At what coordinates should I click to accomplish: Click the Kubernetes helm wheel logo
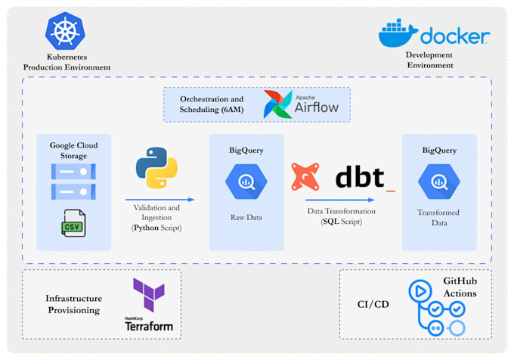[65, 31]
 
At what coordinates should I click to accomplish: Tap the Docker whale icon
[398, 33]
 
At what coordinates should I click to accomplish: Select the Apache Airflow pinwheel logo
[277, 104]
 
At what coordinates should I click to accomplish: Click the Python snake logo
[156, 168]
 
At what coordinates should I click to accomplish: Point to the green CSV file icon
[73, 223]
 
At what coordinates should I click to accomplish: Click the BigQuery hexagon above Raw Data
[246, 182]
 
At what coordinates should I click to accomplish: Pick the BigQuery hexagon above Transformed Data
[439, 182]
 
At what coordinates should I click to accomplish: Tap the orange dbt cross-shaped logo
[305, 177]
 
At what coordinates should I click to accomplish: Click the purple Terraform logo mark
[149, 295]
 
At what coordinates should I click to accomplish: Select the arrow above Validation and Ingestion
[160, 200]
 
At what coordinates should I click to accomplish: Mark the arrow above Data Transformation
[340, 200]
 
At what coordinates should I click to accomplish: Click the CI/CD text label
[373, 304]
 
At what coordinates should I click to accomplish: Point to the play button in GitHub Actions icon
[420, 291]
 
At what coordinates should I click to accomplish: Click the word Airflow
[317, 107]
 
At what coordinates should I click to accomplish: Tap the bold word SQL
[331, 222]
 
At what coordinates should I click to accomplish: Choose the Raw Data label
[246, 217]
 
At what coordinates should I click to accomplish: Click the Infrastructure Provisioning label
[74, 304]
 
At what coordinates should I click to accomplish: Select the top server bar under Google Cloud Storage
[73, 172]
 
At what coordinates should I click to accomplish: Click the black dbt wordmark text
[360, 177]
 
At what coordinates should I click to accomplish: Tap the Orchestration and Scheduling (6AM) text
[212, 104]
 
